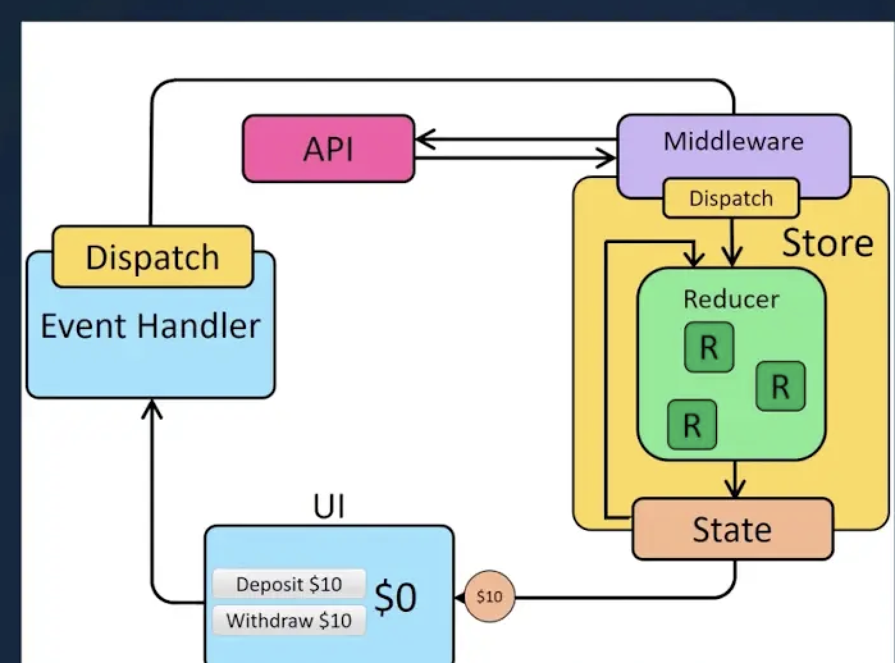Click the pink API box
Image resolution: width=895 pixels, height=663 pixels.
328,148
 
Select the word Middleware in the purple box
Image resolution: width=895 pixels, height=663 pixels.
733,141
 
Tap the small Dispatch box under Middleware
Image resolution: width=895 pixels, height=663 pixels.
731,198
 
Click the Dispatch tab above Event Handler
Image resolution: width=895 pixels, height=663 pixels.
152,257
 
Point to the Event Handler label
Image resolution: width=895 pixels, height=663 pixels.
150,326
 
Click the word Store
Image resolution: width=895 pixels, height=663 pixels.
827,243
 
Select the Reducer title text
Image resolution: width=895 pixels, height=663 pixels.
731,299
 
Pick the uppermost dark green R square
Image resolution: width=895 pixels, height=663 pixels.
709,347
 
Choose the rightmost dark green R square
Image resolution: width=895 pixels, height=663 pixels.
780,386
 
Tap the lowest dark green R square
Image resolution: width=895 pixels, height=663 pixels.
691,424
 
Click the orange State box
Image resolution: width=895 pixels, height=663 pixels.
732,529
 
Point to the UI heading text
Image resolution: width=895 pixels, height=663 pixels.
328,506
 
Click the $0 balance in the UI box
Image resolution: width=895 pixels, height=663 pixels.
395,597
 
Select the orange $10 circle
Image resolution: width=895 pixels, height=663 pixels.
489,597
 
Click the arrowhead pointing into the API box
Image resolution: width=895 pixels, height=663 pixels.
423,139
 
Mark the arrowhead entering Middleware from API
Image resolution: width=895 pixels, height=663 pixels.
608,157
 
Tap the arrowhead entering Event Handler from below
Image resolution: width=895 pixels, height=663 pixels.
152,407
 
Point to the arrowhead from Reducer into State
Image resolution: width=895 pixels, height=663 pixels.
735,490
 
